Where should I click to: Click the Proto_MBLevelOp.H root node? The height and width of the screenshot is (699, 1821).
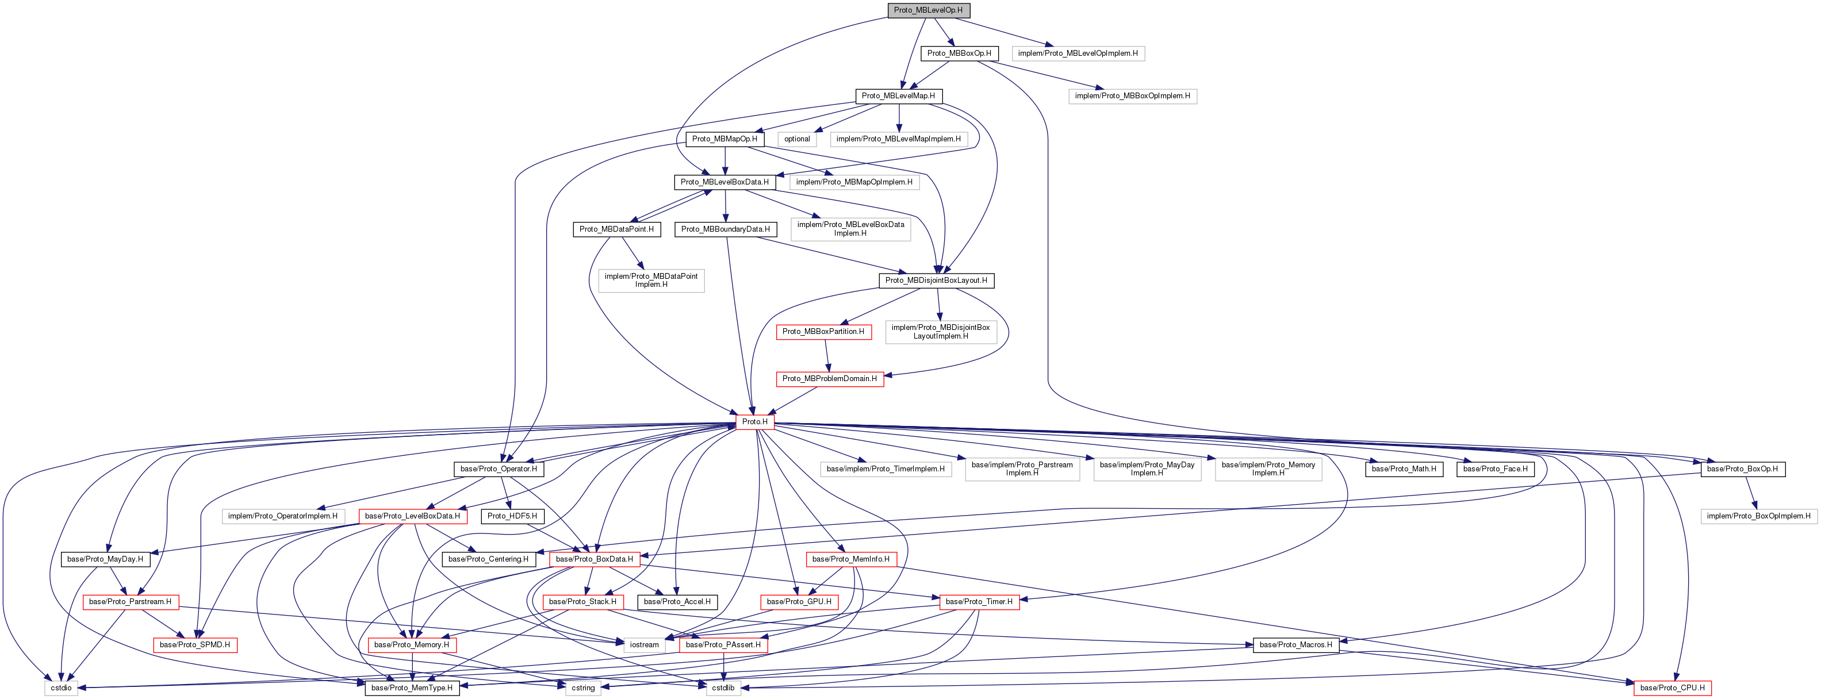(x=927, y=10)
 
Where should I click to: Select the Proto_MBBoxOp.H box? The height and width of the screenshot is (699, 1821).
(x=959, y=53)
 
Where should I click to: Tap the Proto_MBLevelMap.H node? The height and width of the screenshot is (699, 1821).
(x=898, y=96)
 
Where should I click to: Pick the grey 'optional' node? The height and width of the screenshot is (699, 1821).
(x=797, y=139)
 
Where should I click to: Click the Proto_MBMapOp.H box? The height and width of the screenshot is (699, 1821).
(x=724, y=139)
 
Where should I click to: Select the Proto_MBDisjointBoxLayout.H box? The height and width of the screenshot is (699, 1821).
(x=936, y=281)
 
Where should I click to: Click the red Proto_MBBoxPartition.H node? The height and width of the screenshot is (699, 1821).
(x=823, y=332)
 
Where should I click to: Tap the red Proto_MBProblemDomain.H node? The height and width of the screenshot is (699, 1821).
(x=829, y=379)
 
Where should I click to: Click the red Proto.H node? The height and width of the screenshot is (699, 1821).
(x=754, y=422)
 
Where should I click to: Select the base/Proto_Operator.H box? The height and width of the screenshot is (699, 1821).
(x=499, y=469)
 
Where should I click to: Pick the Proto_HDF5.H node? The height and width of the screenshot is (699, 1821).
(x=512, y=517)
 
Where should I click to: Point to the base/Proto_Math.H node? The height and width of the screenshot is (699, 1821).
(x=1403, y=469)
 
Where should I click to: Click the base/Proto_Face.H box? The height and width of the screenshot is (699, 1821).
(x=1495, y=469)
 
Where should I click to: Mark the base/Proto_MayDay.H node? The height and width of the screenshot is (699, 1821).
(x=105, y=560)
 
